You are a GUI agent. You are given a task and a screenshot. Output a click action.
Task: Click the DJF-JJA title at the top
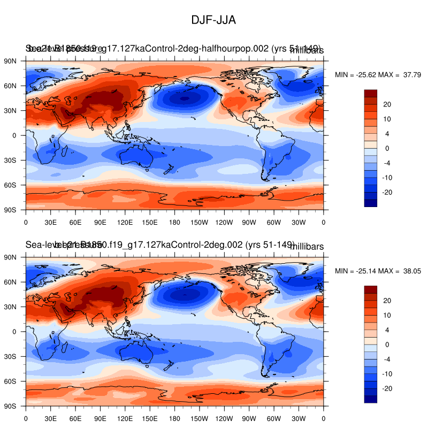(213, 20)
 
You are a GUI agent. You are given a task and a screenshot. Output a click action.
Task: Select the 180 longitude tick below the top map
(174, 222)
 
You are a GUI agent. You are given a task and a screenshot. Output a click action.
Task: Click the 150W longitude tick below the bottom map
(200, 418)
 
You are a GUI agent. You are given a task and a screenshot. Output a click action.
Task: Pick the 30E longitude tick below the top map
(50, 222)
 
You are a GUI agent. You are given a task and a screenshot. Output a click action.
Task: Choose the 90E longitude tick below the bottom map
(100, 418)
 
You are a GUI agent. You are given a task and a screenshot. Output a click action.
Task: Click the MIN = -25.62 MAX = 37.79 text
(378, 75)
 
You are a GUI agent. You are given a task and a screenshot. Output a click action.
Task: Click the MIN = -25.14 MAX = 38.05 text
(378, 271)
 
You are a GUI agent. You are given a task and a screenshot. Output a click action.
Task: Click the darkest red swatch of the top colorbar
(370, 93)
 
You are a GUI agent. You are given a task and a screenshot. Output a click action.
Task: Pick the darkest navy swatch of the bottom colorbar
(370, 399)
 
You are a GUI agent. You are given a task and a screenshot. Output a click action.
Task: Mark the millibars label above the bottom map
(307, 246)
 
